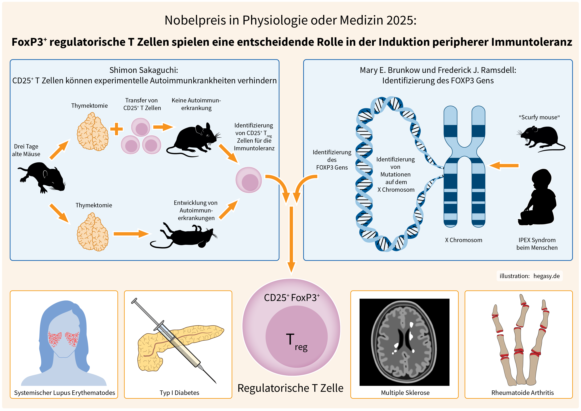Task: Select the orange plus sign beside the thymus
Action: point(116,129)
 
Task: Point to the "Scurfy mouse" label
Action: point(539,117)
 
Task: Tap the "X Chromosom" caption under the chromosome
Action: point(464,240)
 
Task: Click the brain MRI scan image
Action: point(404,342)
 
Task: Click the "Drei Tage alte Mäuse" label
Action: point(26,150)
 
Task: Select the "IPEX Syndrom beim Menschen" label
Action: point(537,244)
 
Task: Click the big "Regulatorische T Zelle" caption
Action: point(290,388)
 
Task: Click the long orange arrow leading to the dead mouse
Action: point(131,234)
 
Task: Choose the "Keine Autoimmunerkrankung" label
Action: point(196,104)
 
